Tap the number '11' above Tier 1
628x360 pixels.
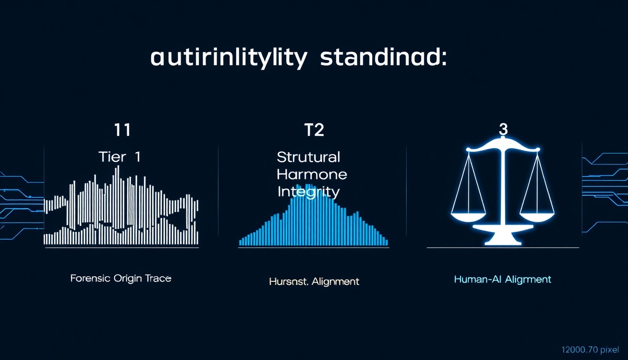click(122, 129)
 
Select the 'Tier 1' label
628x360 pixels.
click(119, 157)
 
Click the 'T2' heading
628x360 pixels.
click(313, 129)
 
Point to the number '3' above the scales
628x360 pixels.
click(503, 130)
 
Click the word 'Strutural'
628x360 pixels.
click(309, 157)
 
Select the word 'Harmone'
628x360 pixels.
click(312, 174)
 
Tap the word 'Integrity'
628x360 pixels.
click(309, 191)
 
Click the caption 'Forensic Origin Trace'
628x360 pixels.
click(121, 278)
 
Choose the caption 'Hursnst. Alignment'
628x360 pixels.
click(314, 282)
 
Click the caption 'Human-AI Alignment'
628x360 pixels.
click(502, 279)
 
